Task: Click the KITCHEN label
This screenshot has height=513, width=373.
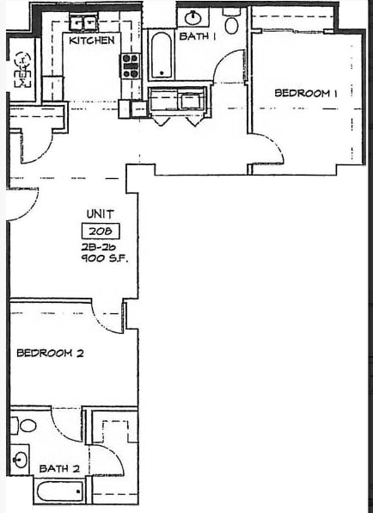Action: coord(92,40)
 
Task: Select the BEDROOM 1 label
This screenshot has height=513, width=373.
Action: coord(304,93)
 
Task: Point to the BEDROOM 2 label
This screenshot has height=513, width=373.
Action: coord(50,352)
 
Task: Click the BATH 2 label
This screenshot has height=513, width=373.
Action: coord(59,468)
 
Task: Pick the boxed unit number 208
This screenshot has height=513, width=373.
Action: coord(100,231)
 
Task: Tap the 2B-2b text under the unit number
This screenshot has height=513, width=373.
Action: coord(100,246)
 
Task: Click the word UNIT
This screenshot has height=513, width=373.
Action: coord(100,213)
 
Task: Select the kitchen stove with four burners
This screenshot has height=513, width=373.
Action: coord(131,65)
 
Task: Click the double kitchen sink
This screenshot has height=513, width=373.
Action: coord(84,22)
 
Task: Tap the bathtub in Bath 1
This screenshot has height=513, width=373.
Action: coord(161,59)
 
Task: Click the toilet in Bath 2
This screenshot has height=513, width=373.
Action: coord(28,425)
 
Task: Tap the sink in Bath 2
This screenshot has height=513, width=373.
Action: coord(21,458)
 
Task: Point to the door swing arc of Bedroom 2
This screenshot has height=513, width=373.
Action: coord(107,319)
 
